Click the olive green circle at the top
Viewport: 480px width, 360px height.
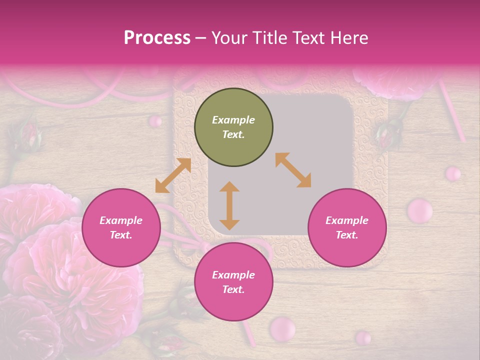click(233, 127)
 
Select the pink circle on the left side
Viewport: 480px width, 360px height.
click(121, 228)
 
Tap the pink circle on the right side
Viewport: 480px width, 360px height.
click(347, 228)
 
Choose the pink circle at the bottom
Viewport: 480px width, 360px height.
click(233, 282)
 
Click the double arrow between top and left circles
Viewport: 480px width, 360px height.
click(173, 175)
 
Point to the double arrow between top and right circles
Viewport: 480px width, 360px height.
click(293, 170)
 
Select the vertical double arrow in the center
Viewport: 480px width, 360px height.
click(229, 205)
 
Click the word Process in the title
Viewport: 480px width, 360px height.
click(157, 37)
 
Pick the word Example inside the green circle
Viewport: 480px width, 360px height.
click(233, 120)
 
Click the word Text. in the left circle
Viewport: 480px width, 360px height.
click(121, 235)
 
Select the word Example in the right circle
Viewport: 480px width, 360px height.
click(347, 220)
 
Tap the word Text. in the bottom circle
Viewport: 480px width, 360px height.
click(233, 289)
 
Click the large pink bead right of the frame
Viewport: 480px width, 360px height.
click(420, 210)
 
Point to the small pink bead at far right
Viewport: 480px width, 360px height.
click(453, 173)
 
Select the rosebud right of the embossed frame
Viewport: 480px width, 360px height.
click(390, 133)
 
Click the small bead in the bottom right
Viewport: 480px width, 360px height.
click(363, 337)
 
